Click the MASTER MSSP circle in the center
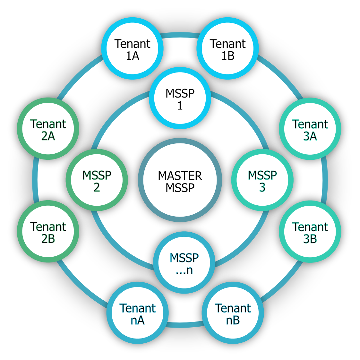[x=180, y=180]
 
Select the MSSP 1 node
[x=180, y=98]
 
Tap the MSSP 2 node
[x=97, y=180]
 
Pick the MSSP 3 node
[x=262, y=180]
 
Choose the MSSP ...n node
[x=184, y=263]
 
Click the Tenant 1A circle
[x=133, y=48]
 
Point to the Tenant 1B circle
[x=228, y=48]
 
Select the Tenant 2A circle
[x=48, y=129]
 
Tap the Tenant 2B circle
[x=48, y=231]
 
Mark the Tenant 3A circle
[x=310, y=129]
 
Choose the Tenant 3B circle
[x=310, y=231]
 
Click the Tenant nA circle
[x=138, y=313]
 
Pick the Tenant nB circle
[x=233, y=313]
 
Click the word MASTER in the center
[x=180, y=176]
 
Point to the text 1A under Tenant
[x=133, y=56]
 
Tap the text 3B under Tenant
[x=310, y=239]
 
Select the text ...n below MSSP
[x=184, y=270]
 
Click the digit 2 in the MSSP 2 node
[x=97, y=187]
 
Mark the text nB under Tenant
[x=233, y=320]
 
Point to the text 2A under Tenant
[x=48, y=136]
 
